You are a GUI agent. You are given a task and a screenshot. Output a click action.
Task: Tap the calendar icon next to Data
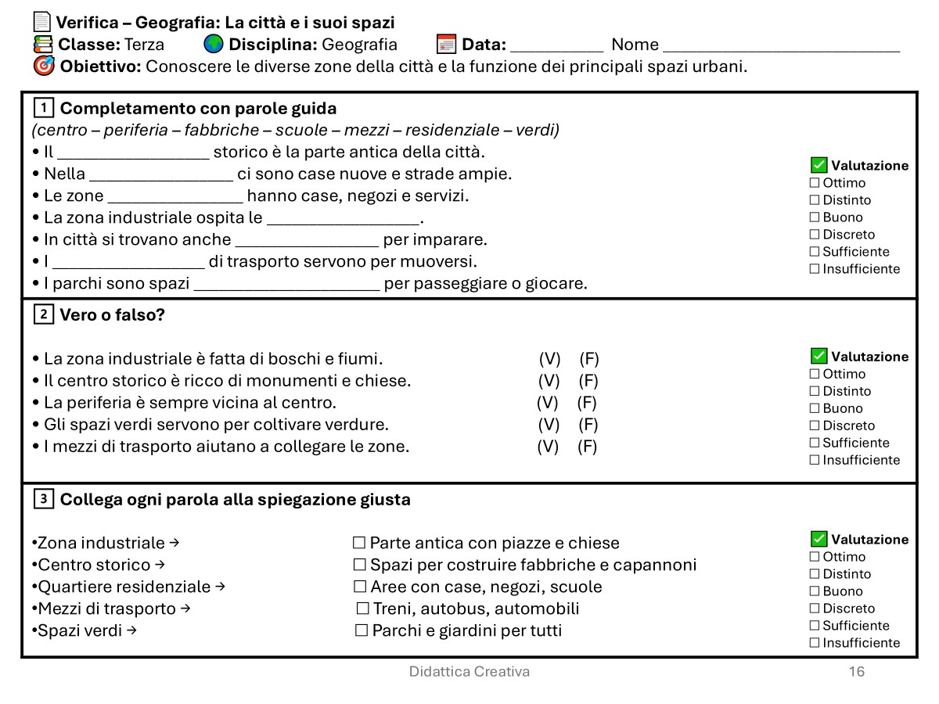(446, 44)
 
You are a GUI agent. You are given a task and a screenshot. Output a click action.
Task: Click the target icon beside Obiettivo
(45, 66)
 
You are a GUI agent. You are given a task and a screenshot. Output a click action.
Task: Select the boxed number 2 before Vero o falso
(44, 314)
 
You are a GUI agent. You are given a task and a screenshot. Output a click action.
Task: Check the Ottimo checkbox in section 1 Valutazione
(815, 183)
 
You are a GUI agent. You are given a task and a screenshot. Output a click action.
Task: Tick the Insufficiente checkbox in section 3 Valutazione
(815, 643)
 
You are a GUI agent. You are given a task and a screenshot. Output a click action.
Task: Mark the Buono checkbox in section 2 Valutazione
(815, 408)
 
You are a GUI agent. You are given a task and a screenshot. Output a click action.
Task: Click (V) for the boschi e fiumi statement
(550, 359)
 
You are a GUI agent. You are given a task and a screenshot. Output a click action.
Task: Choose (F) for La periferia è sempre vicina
(587, 403)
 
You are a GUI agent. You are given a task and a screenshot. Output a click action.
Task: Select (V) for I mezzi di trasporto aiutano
(548, 447)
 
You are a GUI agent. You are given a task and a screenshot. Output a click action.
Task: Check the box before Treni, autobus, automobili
(362, 609)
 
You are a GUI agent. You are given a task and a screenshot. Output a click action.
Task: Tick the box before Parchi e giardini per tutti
(362, 630)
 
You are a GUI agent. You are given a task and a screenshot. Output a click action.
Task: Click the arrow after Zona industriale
(174, 543)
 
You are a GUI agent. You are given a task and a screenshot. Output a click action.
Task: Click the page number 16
(857, 672)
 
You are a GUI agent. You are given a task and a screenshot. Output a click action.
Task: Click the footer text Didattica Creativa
(469, 672)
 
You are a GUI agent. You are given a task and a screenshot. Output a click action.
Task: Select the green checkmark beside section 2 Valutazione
(819, 356)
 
